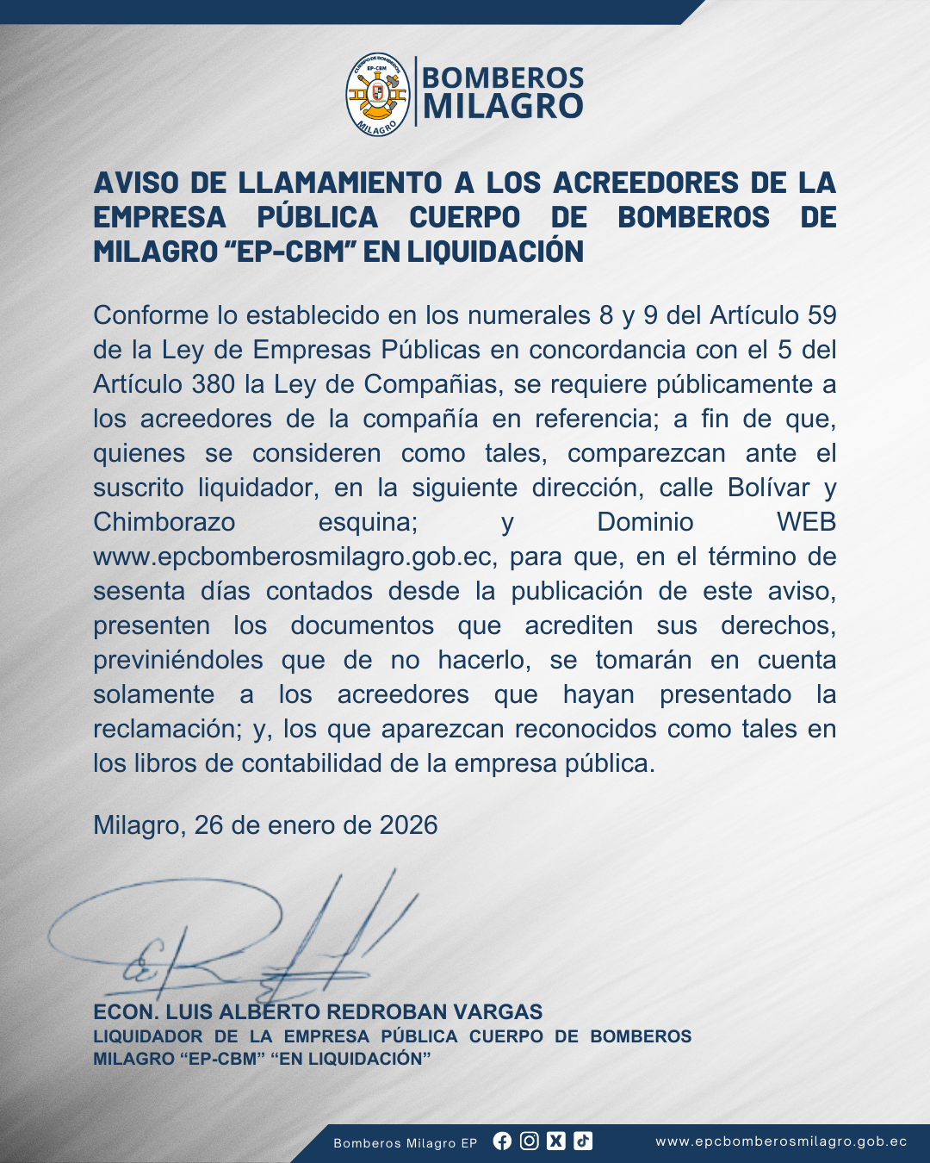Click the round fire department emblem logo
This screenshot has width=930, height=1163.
point(378,94)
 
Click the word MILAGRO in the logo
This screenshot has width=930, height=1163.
point(503,107)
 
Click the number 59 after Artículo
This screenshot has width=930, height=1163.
point(821,315)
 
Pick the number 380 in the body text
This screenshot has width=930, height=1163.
point(214,384)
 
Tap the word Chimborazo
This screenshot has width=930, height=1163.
point(164,522)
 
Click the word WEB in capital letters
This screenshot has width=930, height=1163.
point(806,522)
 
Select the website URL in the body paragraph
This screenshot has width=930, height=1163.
point(294,557)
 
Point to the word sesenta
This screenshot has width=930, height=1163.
point(139,591)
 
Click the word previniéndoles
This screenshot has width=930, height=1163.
point(178,660)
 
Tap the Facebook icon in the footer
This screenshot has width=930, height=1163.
point(502,1141)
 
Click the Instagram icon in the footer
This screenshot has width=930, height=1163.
point(530,1141)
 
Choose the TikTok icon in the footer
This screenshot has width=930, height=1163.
point(583,1141)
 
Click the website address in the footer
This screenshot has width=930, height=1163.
point(781,1141)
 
